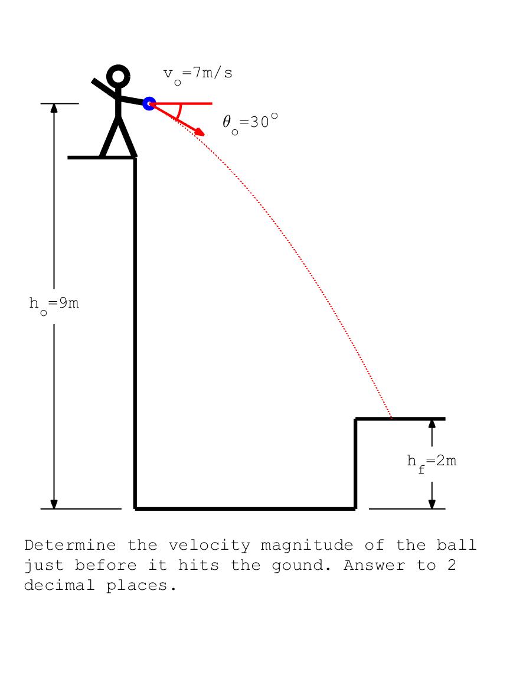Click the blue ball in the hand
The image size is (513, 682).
tap(149, 103)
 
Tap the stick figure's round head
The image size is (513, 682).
tap(118, 76)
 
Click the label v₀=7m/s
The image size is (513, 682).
tap(198, 75)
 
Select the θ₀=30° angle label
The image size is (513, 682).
tap(250, 123)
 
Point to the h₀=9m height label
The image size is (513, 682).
tap(54, 305)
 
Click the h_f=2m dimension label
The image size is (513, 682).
tap(432, 463)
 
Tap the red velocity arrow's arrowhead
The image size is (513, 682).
tap(200, 132)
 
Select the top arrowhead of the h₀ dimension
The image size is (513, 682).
tap(54, 108)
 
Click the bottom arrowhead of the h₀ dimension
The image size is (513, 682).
tap(54, 504)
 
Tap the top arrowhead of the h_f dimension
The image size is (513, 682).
tap(432, 423)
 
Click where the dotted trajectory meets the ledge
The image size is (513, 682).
tap(392, 419)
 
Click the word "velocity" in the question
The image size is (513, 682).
tap(210, 545)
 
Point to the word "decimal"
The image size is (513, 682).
tap(60, 585)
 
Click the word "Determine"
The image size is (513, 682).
tap(70, 545)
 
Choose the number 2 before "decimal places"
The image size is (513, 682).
tap(452, 565)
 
